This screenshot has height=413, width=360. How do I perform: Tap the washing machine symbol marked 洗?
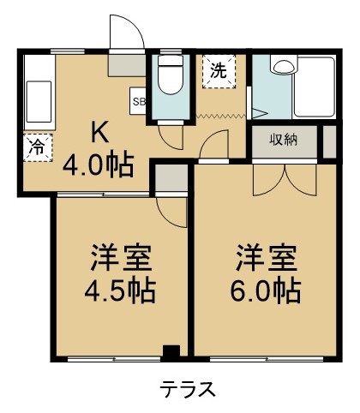coord(219,72)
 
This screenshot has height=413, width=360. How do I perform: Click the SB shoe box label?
coord(139,101)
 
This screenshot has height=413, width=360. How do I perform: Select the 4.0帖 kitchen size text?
coord(98,163)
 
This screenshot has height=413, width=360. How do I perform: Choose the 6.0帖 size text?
coord(265,290)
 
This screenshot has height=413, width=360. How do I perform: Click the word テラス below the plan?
coord(187,388)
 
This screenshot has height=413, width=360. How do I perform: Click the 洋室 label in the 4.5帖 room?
coord(121,259)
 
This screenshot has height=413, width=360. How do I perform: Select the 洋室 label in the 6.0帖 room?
coord(265,258)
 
